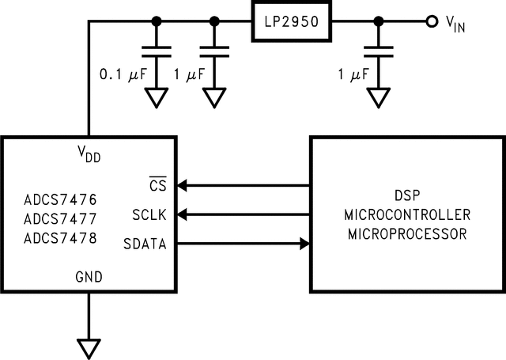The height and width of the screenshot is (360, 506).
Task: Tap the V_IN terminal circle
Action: [432, 21]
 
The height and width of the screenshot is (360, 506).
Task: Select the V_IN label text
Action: [455, 25]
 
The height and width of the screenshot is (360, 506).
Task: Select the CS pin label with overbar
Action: [157, 185]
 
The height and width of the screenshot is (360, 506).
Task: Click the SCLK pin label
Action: [149, 214]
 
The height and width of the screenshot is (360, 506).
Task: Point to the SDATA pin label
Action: [145, 244]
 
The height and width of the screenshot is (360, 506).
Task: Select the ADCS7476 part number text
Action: [60, 199]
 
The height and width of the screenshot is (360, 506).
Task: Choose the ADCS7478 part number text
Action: [60, 238]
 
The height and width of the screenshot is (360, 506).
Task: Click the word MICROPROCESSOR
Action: [406, 234]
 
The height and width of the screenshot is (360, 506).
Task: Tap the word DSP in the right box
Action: [406, 195]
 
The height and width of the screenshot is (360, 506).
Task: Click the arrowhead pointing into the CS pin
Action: [182, 186]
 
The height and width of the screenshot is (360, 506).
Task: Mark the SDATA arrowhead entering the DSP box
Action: [303, 244]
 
